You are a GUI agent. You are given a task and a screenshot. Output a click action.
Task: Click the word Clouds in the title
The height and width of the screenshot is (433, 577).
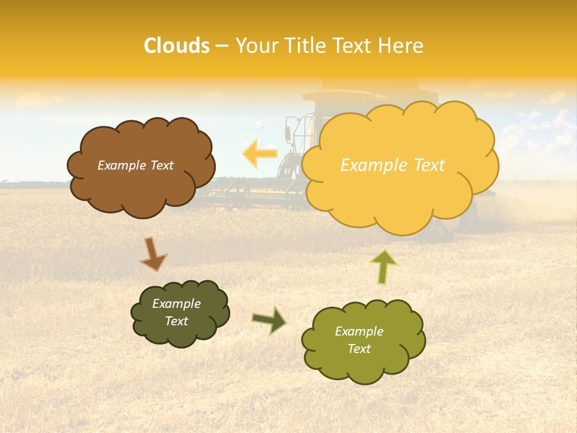(x=177, y=46)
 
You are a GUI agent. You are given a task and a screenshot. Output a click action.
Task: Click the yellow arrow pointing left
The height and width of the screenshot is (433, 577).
(x=259, y=153)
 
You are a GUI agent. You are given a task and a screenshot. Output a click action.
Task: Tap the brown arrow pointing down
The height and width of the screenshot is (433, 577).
(x=153, y=253)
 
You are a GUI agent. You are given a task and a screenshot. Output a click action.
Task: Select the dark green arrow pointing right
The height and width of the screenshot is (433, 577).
(x=269, y=320)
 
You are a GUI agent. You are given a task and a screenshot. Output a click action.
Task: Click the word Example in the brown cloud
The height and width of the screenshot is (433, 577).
(x=120, y=165)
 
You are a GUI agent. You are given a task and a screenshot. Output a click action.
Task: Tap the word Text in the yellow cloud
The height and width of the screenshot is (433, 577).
(x=424, y=165)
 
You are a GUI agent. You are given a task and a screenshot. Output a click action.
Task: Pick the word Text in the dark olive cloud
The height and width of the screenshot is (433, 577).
(x=177, y=321)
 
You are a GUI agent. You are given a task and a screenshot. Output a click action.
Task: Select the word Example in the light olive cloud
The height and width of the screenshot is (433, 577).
(x=359, y=331)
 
